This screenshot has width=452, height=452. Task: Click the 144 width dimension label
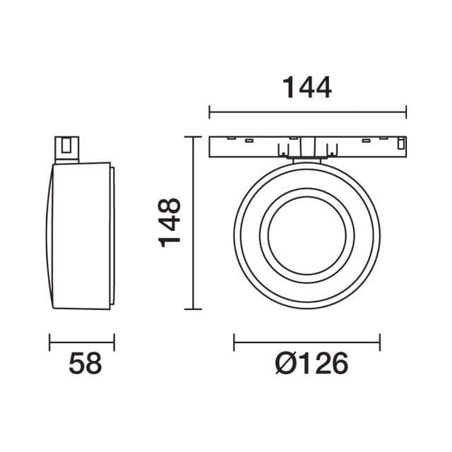tap(307, 88)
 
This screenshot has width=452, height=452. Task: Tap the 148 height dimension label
tap(170, 222)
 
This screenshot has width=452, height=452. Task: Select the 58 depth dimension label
tap(85, 364)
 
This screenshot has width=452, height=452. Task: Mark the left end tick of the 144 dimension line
tap(210, 112)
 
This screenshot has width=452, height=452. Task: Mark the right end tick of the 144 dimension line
tap(406, 112)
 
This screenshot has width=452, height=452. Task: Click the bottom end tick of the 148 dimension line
tap(193, 309)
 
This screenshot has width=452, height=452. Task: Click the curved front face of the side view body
tap(49, 237)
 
